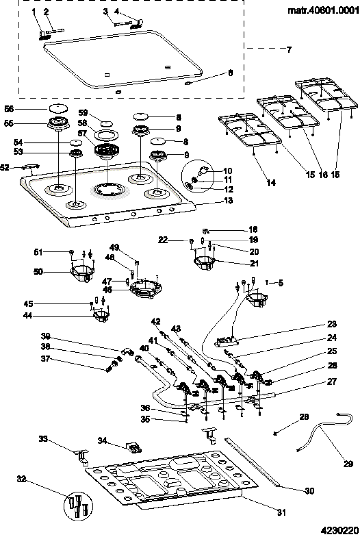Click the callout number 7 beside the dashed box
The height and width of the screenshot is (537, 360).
pyautogui.click(x=289, y=50)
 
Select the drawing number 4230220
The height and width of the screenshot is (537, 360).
pyautogui.click(x=338, y=530)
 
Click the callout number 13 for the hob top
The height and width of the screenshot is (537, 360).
pyautogui.click(x=228, y=200)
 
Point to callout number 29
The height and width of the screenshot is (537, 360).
pyautogui.click(x=348, y=464)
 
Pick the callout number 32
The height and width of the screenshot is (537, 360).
pyautogui.click(x=21, y=479)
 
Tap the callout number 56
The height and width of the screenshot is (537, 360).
pyautogui.click(x=9, y=109)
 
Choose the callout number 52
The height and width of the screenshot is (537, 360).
pyautogui.click(x=5, y=168)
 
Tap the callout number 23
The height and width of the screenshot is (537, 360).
pyautogui.click(x=332, y=324)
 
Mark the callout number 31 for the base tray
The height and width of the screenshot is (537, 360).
pyautogui.click(x=281, y=512)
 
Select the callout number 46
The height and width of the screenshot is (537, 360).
pyautogui.click(x=107, y=290)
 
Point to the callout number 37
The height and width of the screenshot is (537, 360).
pyautogui.click(x=45, y=359)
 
